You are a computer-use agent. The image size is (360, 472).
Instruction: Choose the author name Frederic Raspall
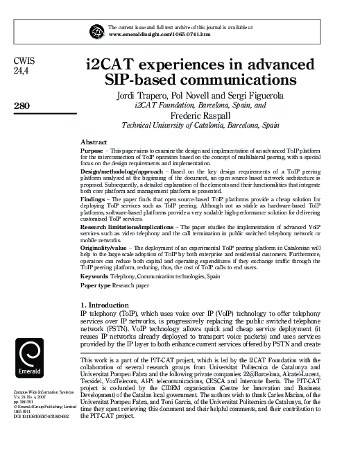200,117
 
